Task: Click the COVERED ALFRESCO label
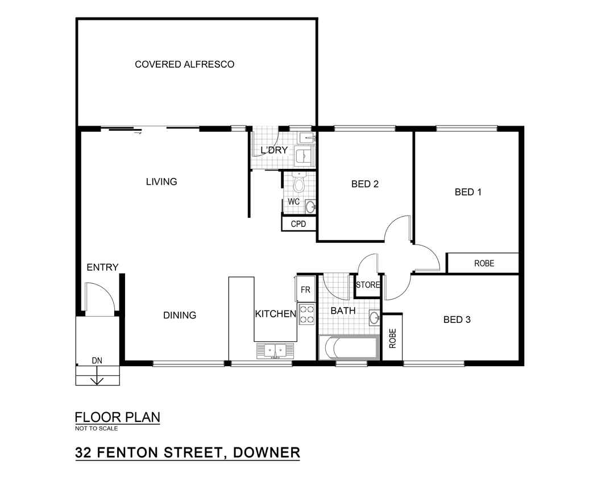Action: click(184, 64)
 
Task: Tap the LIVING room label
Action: click(161, 181)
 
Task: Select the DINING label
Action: click(179, 315)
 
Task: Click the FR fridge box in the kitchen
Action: click(305, 289)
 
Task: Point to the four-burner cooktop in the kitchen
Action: click(306, 314)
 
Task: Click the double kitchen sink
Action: click(275, 351)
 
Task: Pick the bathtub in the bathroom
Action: click(348, 348)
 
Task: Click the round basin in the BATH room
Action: click(374, 318)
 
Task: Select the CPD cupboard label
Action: click(298, 224)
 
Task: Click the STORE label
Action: click(368, 285)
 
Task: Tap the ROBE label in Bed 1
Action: click(484, 263)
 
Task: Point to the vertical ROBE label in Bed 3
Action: click(392, 338)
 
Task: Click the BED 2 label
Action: click(365, 184)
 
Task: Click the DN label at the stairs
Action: click(97, 360)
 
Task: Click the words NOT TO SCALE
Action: click(97, 428)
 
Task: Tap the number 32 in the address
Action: click(84, 453)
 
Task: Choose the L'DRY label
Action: click(274, 150)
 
